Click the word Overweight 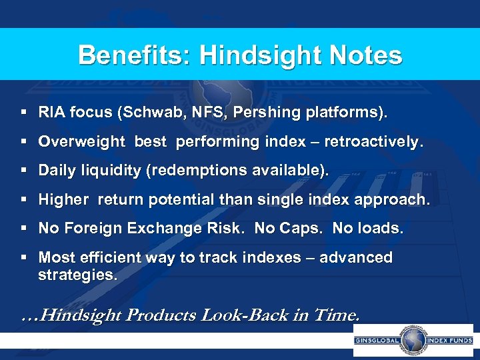82,142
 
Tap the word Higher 63,199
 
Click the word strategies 77,274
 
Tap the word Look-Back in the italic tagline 250,315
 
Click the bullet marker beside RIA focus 25,113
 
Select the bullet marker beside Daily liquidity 25,171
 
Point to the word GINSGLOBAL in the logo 376,341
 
